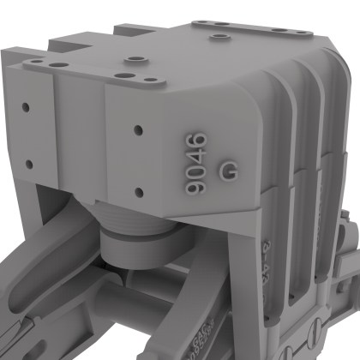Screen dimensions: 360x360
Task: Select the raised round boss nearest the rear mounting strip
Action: click(221, 38)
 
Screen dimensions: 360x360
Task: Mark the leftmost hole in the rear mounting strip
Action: click(201, 23)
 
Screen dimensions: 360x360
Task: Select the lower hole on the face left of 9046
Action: click(136, 189)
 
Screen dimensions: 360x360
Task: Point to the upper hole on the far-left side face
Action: click(27, 108)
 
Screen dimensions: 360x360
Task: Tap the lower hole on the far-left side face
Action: click(28, 163)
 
